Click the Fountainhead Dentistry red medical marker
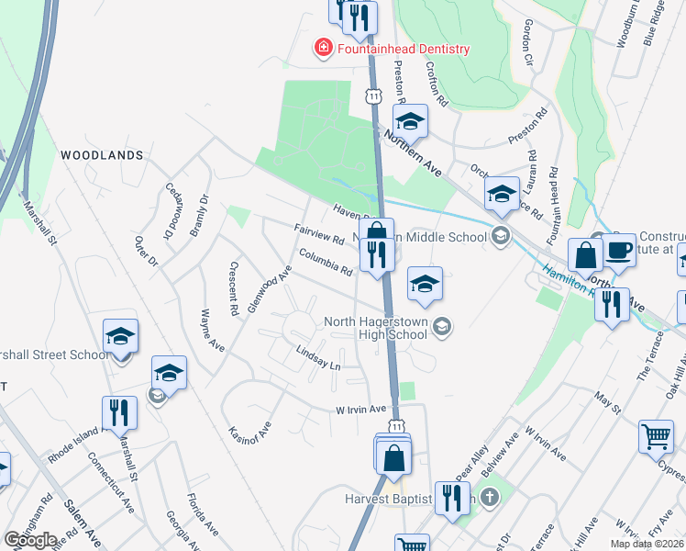point(323,49)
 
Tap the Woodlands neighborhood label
point(102,156)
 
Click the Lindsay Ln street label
point(318,358)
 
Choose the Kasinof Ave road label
point(250,417)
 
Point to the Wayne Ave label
point(206,334)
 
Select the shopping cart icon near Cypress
point(656,438)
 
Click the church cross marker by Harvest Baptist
point(490,499)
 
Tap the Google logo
point(30,540)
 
